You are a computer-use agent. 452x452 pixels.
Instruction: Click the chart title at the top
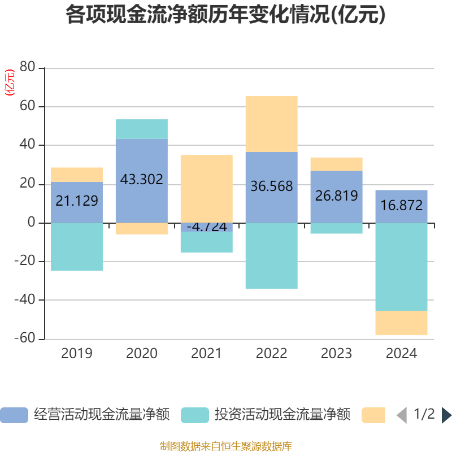coord(225,15)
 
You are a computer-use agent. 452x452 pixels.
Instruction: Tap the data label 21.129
coord(77,201)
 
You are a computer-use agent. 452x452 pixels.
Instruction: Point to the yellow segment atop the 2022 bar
coord(271,124)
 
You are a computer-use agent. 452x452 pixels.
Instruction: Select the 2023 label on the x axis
coord(336,354)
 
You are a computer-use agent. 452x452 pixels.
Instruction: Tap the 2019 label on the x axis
coord(77,354)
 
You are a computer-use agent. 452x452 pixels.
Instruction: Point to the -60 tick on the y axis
coord(26,338)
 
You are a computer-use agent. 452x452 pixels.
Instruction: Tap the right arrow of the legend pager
coord(446,415)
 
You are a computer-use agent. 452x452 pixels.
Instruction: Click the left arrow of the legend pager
coord(401,415)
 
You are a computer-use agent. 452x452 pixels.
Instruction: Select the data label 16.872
coord(402,205)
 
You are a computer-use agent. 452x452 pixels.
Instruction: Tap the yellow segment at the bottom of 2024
coord(402,323)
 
